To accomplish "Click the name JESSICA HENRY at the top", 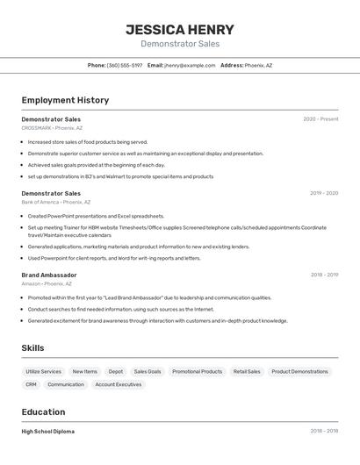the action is pos(180,29).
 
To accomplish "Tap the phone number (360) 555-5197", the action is pos(124,65).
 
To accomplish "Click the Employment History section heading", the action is pos(65,100).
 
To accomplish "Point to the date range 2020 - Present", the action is pos(320,119).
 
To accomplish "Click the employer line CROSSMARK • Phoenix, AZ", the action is pos(52,128).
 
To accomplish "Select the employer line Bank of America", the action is pos(55,202).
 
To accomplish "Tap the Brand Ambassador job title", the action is pos(49,275).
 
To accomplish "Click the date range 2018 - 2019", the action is pos(324,275).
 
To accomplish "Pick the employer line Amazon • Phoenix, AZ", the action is pos(47,283).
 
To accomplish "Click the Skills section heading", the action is pos(32,348).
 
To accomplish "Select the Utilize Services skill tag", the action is pos(44,371).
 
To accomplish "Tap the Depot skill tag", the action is pos(116,371).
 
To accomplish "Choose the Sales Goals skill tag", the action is pos(148,371).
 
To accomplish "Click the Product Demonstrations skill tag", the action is pos(299,371).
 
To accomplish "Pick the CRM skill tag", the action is pos(31,384).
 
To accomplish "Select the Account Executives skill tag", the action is pos(118,384).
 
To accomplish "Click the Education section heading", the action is pos(43,412).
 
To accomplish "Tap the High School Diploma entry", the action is pos(48,432).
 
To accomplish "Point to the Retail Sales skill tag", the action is pos(247,371).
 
